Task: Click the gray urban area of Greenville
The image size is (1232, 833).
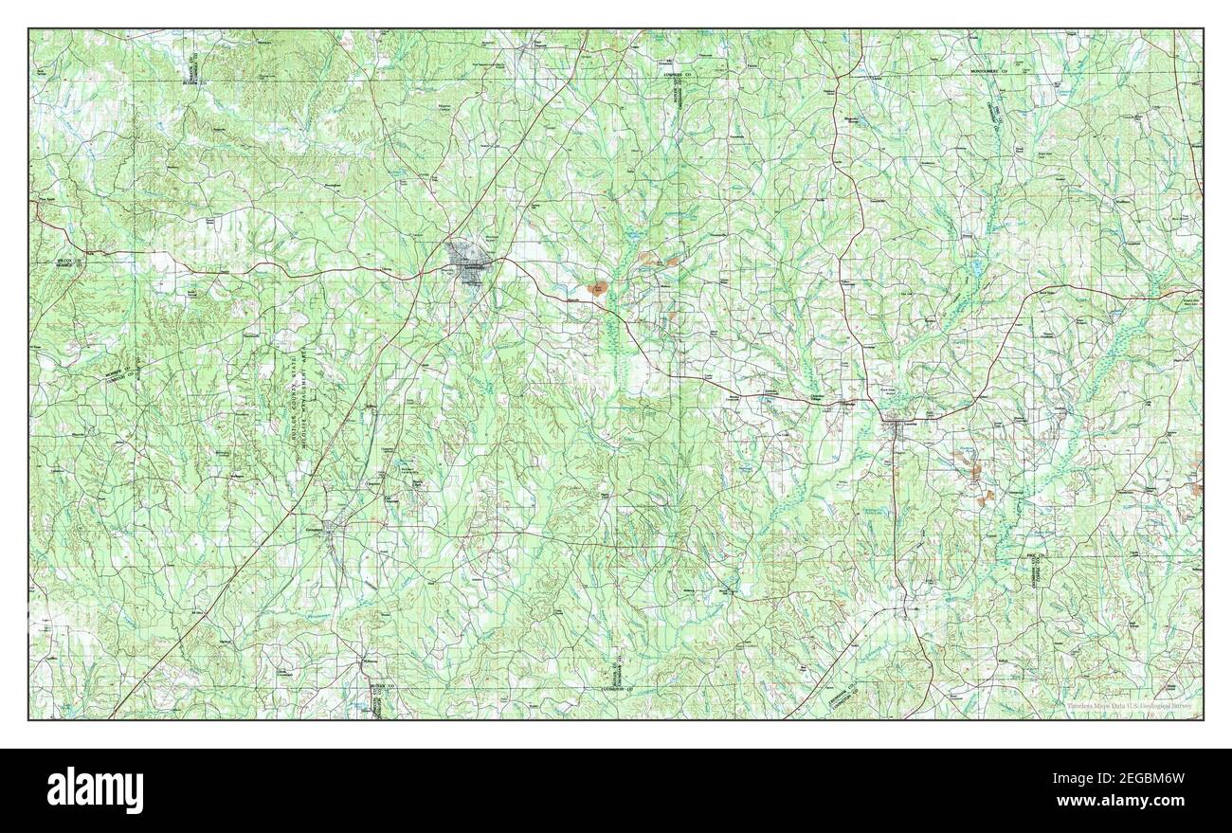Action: click(464, 257)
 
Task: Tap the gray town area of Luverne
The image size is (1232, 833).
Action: click(896, 426)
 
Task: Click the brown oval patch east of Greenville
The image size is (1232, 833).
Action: click(599, 288)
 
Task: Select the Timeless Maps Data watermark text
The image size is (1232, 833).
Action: click(1127, 706)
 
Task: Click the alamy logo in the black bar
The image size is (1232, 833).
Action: click(95, 788)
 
